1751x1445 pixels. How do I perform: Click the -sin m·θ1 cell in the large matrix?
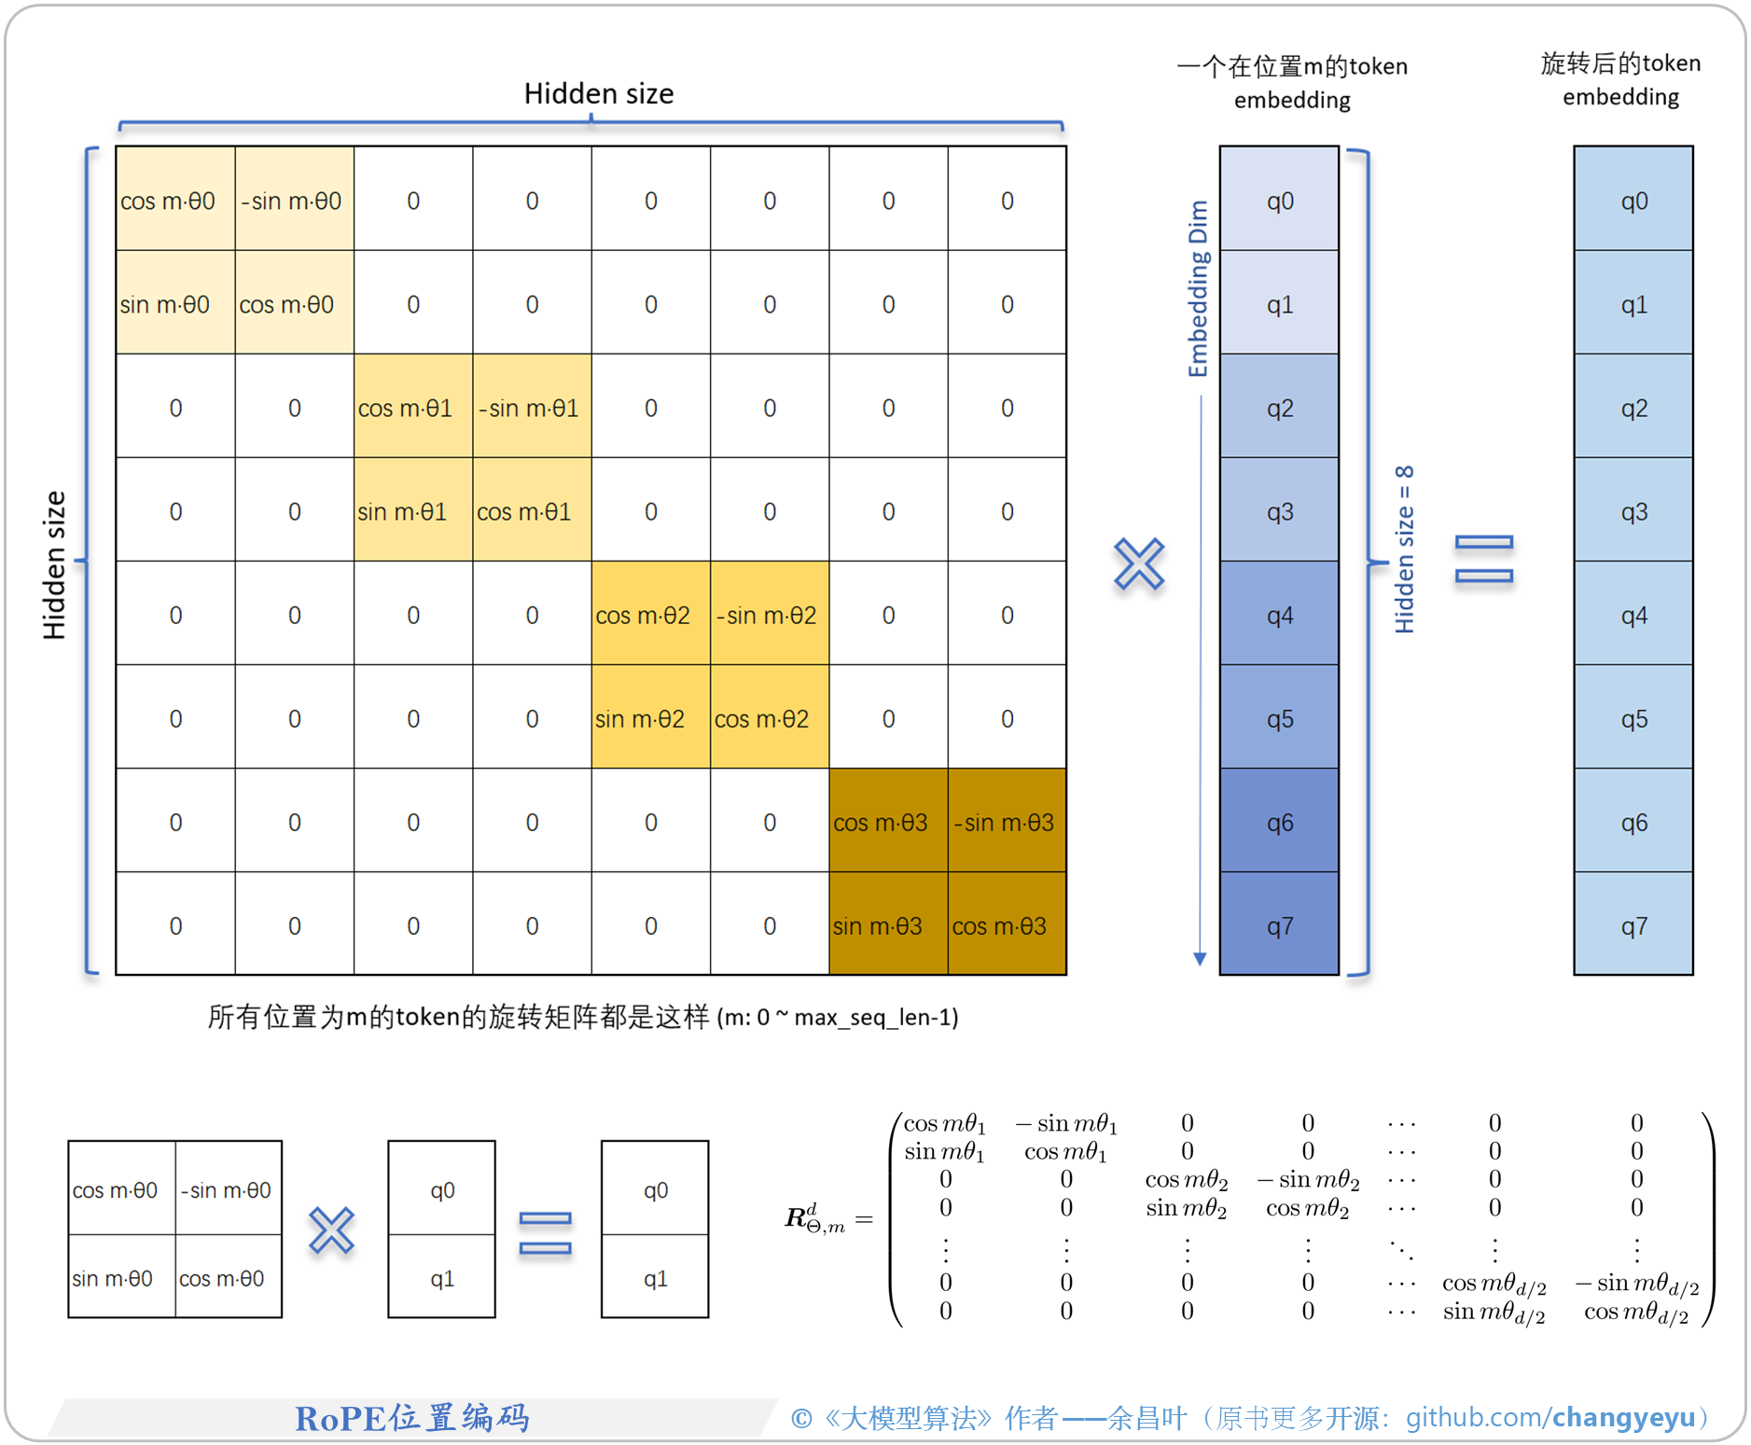click(x=532, y=408)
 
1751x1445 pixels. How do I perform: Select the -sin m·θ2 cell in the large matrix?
click(x=769, y=615)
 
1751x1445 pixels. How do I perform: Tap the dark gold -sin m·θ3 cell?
click(x=1007, y=822)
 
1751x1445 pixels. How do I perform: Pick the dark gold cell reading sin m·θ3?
click(x=887, y=925)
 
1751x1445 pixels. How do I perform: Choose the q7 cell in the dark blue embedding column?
click(x=1279, y=925)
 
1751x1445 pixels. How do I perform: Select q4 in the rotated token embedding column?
click(x=1633, y=615)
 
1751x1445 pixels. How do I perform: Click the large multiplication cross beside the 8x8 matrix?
click(x=1139, y=563)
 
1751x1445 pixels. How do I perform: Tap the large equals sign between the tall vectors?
click(x=1483, y=559)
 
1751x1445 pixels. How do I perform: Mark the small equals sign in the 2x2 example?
click(x=545, y=1232)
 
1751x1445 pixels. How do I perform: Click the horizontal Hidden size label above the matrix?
click(x=598, y=93)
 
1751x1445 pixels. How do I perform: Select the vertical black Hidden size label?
click(x=54, y=564)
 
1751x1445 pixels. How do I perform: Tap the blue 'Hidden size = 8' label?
click(x=1404, y=549)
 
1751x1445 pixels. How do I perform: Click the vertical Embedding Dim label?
click(x=1198, y=288)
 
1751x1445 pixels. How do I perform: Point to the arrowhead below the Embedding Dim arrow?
click(x=1200, y=958)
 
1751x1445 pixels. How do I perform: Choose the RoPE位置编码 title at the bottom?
click(x=412, y=1417)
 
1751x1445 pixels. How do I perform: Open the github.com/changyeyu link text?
click(x=1549, y=1417)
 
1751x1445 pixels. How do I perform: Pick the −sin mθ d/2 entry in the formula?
click(x=1637, y=1285)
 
